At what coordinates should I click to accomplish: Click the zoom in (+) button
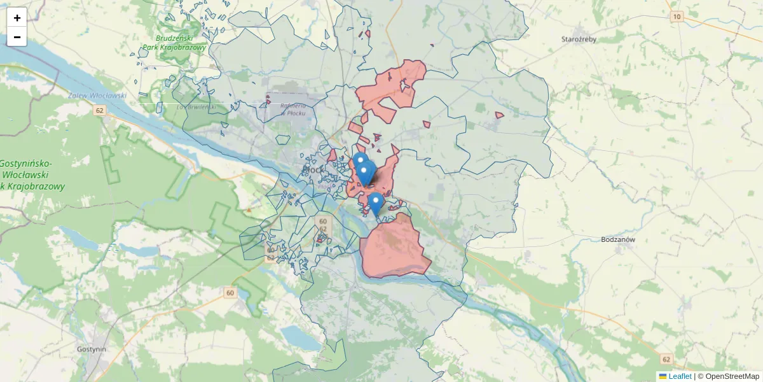point(17,18)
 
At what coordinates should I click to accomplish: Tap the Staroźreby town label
point(579,39)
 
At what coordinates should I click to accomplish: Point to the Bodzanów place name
point(618,240)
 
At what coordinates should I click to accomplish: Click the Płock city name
point(314,171)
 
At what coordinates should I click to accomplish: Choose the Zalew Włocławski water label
point(97,95)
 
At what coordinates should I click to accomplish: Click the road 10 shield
point(676,17)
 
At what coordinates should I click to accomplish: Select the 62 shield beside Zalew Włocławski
point(99,110)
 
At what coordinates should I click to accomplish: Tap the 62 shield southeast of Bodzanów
point(666,360)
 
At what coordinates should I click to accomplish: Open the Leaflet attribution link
point(680,376)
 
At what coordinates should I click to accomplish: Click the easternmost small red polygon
point(500,115)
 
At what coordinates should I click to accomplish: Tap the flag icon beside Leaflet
point(663,376)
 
